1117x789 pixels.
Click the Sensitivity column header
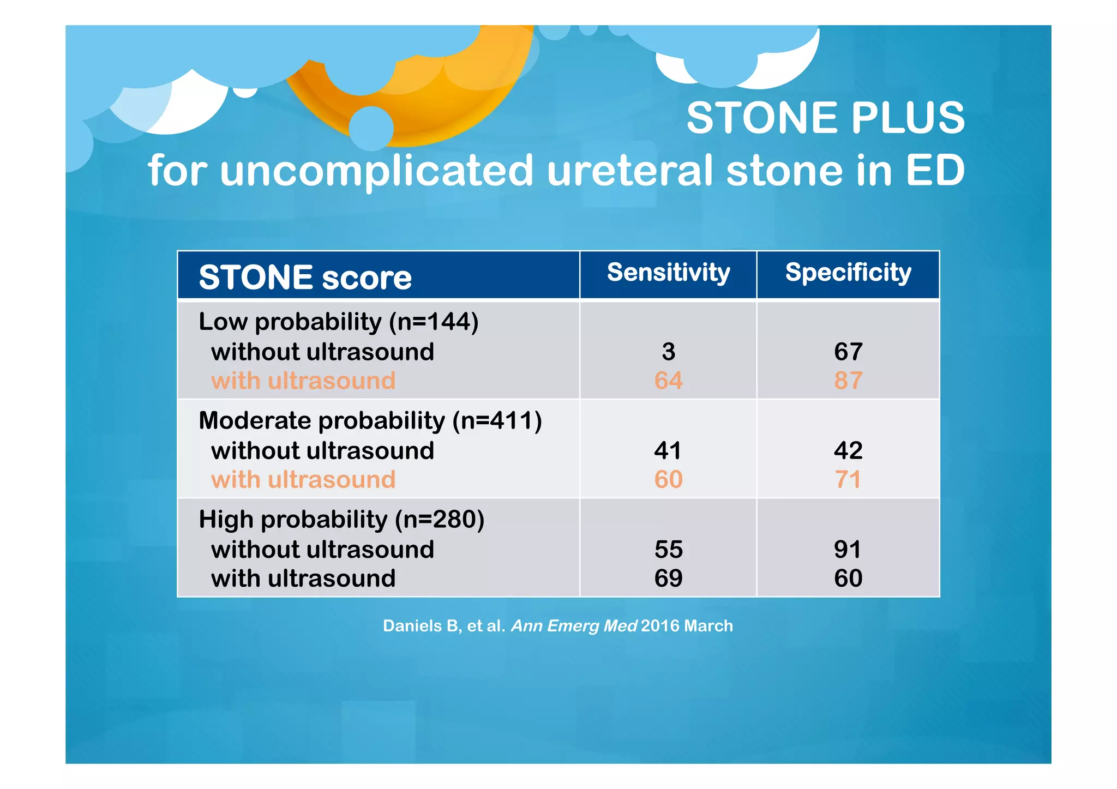pos(668,273)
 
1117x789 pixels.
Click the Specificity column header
pos(848,273)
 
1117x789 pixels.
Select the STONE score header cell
pos(305,277)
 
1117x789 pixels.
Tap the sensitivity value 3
pos(668,352)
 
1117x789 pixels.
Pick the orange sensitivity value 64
pos(668,381)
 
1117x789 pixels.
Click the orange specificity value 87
pos(848,381)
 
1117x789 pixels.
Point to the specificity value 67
pos(848,352)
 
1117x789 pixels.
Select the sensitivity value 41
pos(668,450)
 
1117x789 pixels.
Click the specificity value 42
pos(848,450)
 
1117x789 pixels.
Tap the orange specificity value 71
pos(848,480)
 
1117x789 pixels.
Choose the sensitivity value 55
pos(668,550)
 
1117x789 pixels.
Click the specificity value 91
pos(848,550)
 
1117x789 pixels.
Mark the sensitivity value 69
pos(668,579)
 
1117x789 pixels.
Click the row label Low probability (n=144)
pos(338,322)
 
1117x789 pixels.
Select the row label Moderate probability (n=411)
pos(370,421)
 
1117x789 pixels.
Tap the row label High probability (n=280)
pos(341,520)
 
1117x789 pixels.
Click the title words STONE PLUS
pos(825,118)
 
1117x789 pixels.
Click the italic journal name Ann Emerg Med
pos(574,626)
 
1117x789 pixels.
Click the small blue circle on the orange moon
pos(371,129)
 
